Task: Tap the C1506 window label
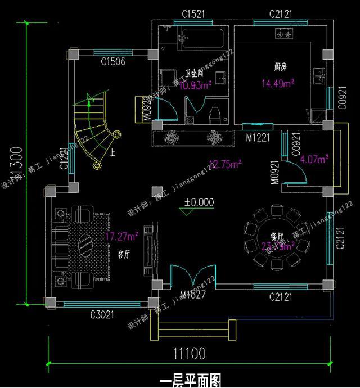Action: [x=112, y=61]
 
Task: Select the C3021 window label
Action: [x=101, y=315]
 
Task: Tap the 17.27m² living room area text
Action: [x=122, y=236]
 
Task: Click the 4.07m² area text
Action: [x=314, y=159]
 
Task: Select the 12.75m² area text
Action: [x=225, y=164]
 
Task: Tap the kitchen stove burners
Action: [x=285, y=34]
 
